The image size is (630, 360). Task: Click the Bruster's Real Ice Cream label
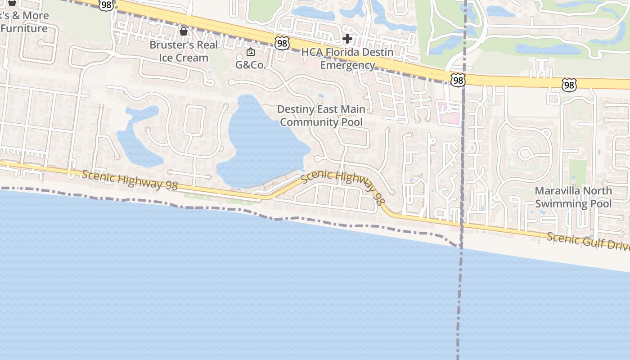coord(184,51)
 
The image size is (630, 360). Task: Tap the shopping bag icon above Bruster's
coord(184,31)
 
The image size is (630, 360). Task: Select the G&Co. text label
coord(251,65)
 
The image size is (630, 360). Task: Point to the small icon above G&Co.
coord(251,52)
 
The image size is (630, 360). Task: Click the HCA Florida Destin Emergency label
coord(347,58)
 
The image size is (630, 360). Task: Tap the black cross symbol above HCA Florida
coord(347,39)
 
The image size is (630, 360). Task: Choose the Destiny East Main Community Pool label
coord(321,116)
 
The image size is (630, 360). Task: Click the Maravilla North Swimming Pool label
coord(573,197)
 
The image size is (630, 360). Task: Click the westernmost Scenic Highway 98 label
coord(130,180)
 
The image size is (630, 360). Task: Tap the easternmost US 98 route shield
coord(569,85)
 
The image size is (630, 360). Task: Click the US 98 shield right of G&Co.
coord(282,44)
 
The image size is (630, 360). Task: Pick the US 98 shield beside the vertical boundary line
coord(458,81)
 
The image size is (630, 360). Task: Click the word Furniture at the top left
coord(24,29)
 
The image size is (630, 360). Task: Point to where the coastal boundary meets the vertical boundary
coord(460,247)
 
